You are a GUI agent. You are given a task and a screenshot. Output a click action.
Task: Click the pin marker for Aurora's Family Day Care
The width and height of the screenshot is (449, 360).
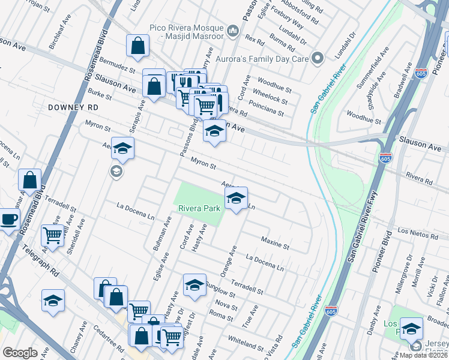(x=319, y=58)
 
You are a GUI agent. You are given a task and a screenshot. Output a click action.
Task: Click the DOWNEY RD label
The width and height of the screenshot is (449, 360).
(x=74, y=107)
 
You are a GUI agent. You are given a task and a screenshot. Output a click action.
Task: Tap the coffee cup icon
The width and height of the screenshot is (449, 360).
(x=8, y=219)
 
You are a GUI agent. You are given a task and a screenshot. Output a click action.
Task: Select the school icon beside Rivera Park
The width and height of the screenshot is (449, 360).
(x=236, y=198)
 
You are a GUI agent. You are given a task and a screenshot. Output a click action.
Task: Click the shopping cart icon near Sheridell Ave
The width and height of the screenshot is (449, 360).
(x=53, y=236)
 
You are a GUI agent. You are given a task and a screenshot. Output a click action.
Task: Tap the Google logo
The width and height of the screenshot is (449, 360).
(x=20, y=353)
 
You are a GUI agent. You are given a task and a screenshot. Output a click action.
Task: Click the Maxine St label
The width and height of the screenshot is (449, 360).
(x=276, y=243)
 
